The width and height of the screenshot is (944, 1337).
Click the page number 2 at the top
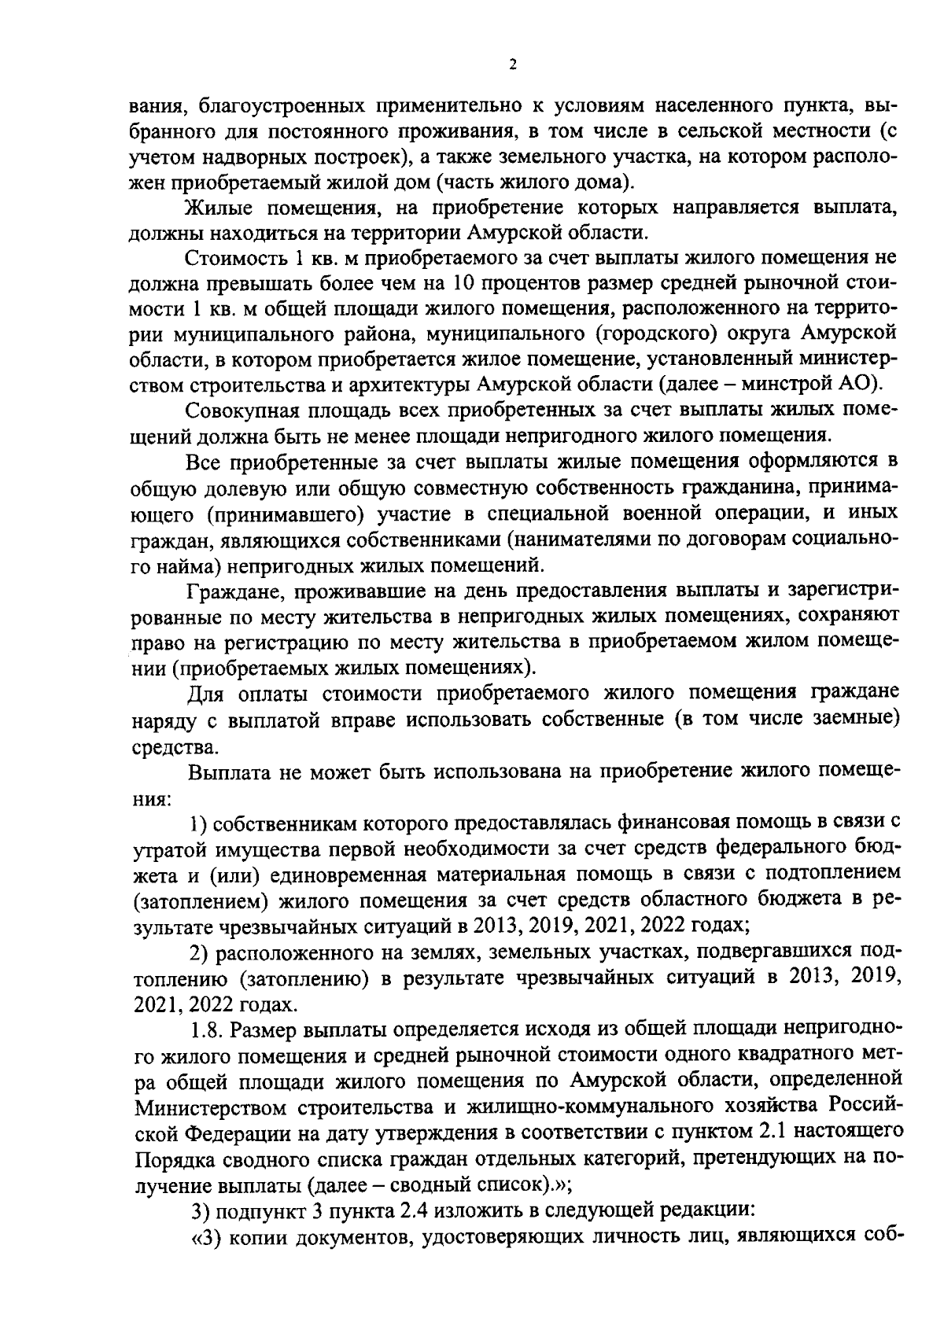pos(512,66)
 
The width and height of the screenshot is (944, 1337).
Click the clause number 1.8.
pos(208,1029)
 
